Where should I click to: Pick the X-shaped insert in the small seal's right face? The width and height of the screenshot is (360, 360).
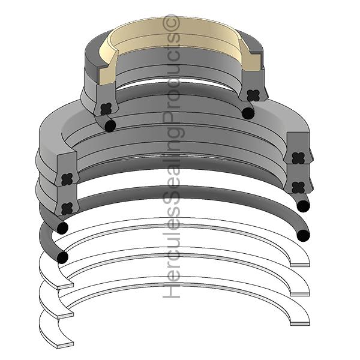(252, 95)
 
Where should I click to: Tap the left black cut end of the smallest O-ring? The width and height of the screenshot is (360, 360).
(110, 125)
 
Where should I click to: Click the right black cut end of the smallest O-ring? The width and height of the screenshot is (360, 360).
(248, 112)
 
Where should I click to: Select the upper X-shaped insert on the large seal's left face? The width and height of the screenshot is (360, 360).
(67, 178)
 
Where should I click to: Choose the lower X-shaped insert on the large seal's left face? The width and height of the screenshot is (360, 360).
(67, 209)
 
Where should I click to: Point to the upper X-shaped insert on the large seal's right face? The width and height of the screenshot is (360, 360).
(298, 158)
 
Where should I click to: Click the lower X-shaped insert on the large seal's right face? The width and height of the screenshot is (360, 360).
(298, 187)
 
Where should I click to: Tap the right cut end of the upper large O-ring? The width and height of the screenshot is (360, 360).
(303, 206)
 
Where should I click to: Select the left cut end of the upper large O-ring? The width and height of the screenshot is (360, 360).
(62, 229)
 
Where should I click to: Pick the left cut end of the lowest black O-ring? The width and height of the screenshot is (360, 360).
(62, 257)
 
